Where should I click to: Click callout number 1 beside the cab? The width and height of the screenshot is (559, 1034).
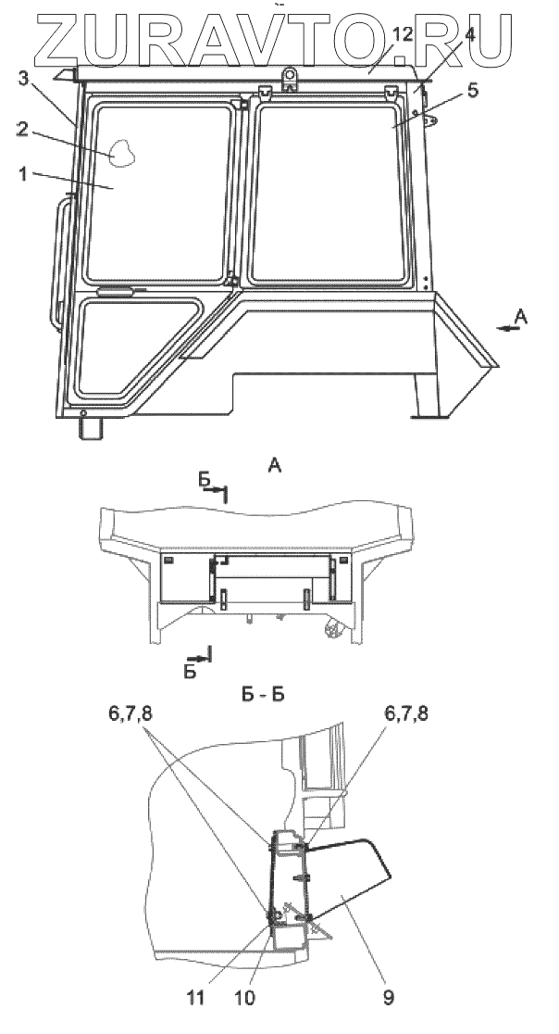[23, 175]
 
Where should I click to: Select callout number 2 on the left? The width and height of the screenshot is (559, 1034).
[22, 130]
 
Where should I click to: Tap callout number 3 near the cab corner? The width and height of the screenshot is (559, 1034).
[23, 80]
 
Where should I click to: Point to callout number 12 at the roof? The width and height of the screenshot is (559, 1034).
[403, 35]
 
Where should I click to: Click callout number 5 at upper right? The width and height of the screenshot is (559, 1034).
[473, 91]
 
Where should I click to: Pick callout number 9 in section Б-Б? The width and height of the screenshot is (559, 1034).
[389, 998]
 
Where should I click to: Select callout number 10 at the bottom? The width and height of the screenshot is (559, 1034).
[244, 998]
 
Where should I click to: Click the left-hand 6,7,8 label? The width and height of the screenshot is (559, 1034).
[132, 714]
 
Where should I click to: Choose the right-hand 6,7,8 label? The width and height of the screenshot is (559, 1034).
[405, 714]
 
